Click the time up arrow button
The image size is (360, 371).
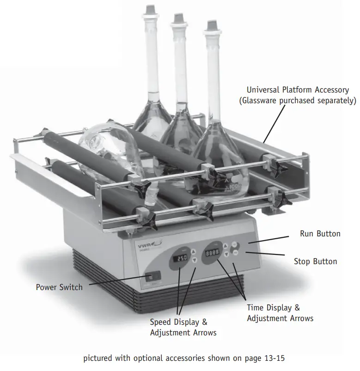[225, 246]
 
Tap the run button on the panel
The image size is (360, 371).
[234, 245]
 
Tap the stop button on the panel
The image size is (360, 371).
[235, 253]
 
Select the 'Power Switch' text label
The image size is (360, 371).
[59, 287]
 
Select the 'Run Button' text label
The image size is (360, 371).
[320, 234]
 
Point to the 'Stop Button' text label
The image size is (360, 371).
[315, 261]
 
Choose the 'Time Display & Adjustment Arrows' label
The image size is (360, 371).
[280, 313]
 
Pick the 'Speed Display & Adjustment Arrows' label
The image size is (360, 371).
[183, 327]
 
